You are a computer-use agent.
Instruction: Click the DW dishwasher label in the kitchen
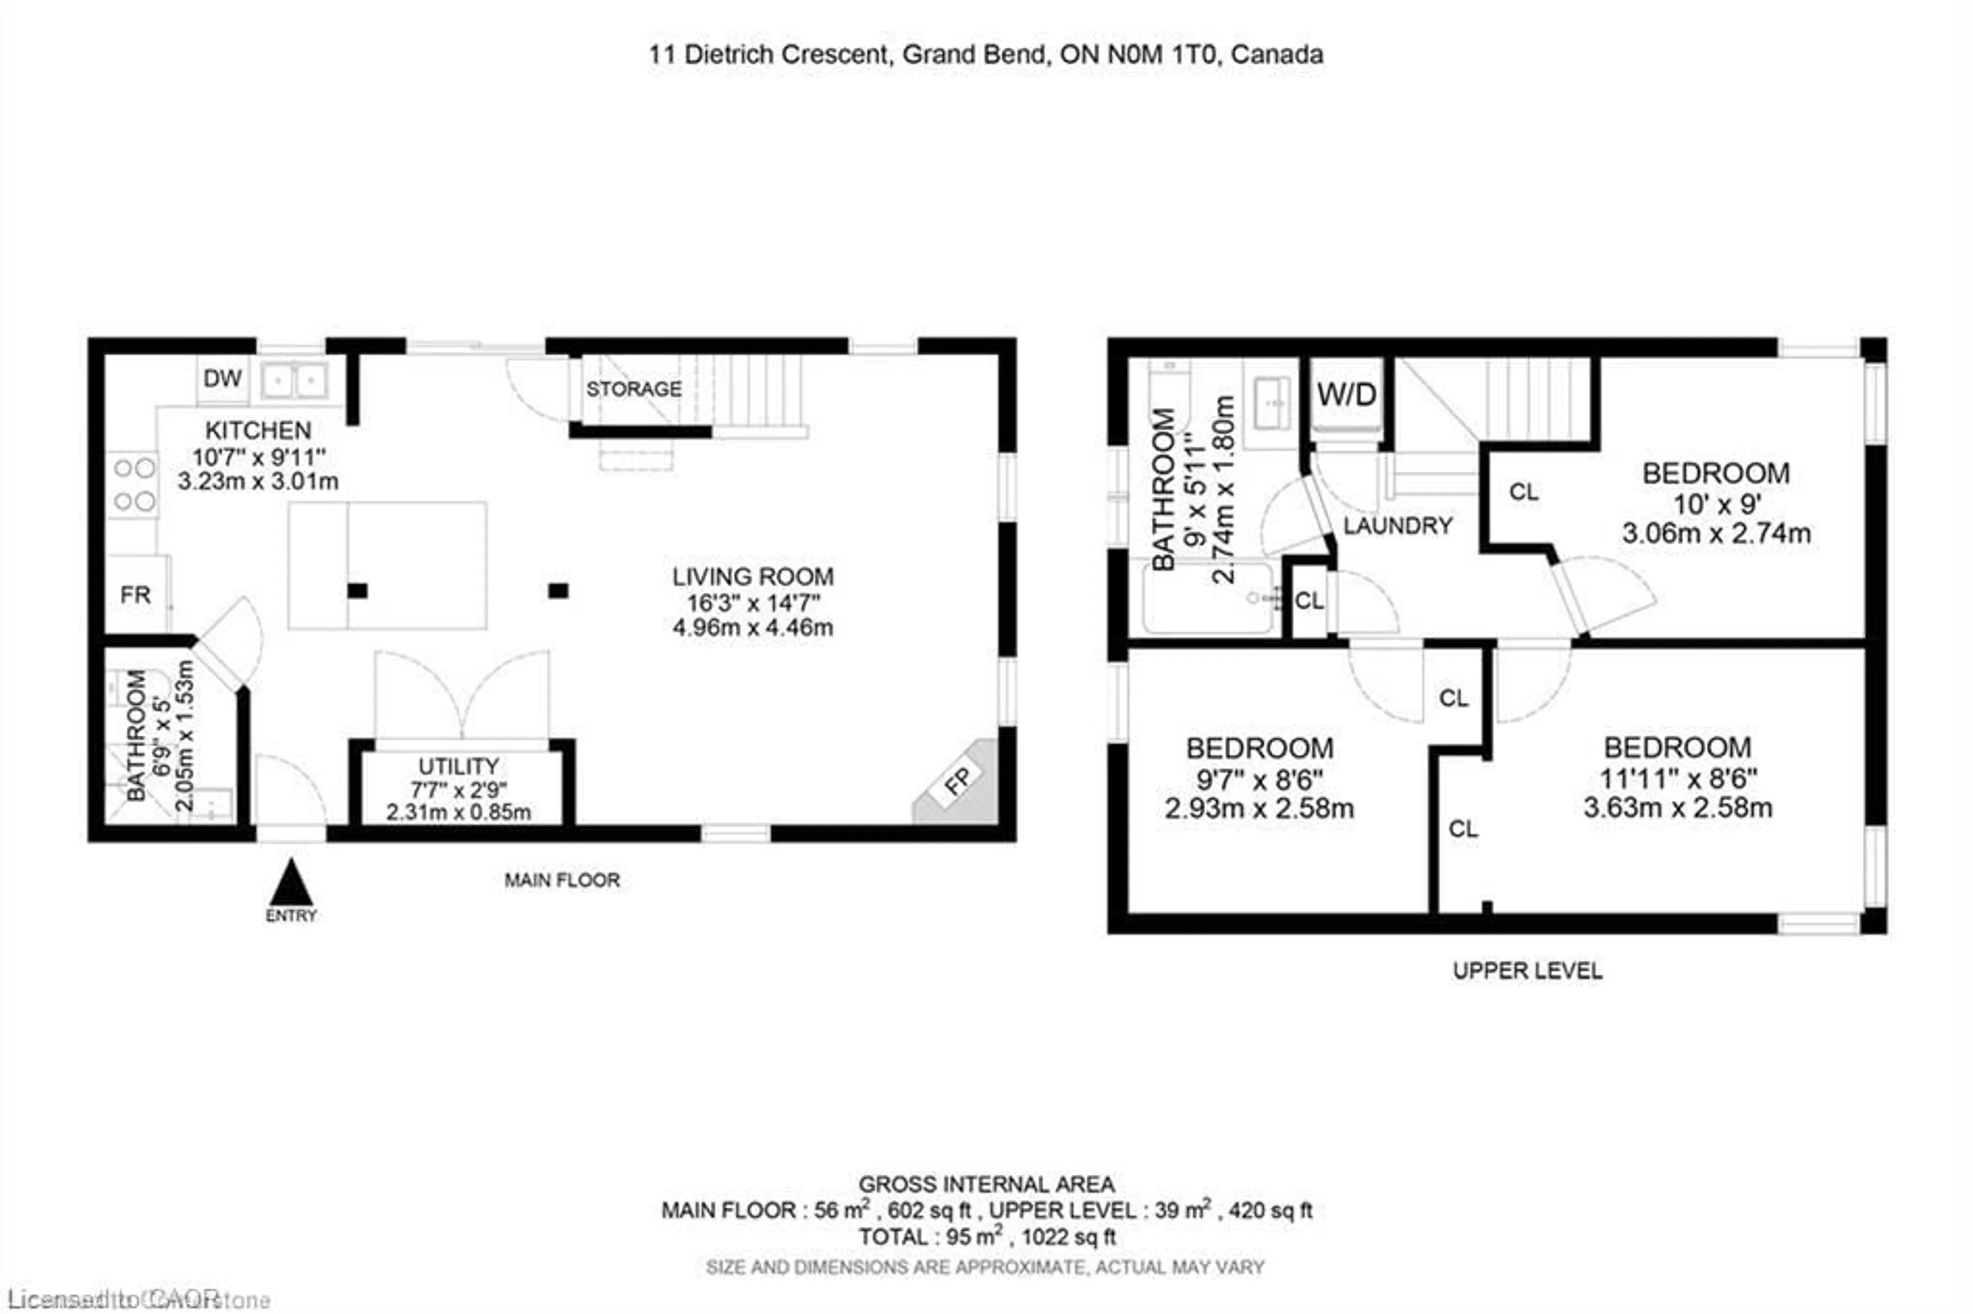click(x=222, y=379)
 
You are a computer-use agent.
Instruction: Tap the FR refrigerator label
click(x=135, y=595)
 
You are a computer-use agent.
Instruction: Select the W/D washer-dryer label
click(x=1346, y=395)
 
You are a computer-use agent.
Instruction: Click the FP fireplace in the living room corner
click(x=958, y=782)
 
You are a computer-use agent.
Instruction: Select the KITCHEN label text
click(x=258, y=431)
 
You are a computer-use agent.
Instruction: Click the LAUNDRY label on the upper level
click(x=1397, y=525)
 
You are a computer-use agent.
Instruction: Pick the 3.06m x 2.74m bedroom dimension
click(x=1716, y=534)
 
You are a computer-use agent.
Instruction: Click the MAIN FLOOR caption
click(x=562, y=880)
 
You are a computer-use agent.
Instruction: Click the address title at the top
click(x=985, y=55)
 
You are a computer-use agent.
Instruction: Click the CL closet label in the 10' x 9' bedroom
click(x=1524, y=492)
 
